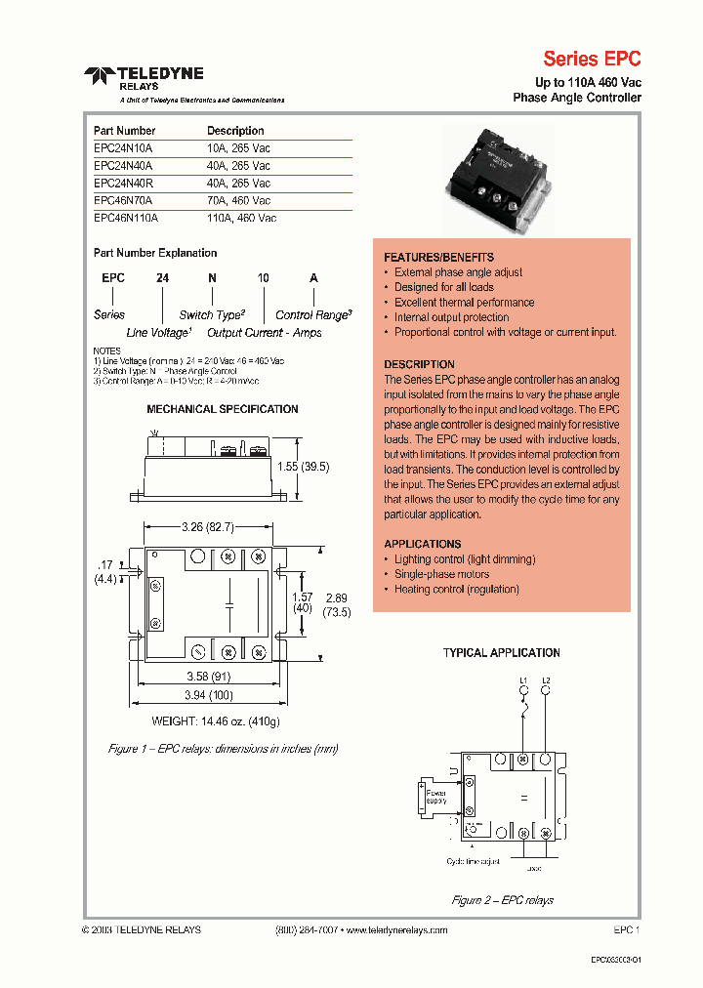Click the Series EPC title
pos(592,59)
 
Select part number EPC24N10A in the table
pos(123,148)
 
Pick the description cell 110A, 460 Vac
pos(241,219)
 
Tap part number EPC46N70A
pos(123,201)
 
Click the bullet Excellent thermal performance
pos(464,303)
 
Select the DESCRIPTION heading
pos(420,364)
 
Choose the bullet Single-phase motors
pos(442,575)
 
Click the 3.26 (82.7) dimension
pos(207,527)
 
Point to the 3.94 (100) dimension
pos(210,694)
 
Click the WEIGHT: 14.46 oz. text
pos(216,721)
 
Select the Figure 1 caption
pos(223,749)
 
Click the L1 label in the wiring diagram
pos(523,679)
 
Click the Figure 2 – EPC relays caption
pos(502,900)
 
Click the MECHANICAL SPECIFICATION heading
pos(223,409)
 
